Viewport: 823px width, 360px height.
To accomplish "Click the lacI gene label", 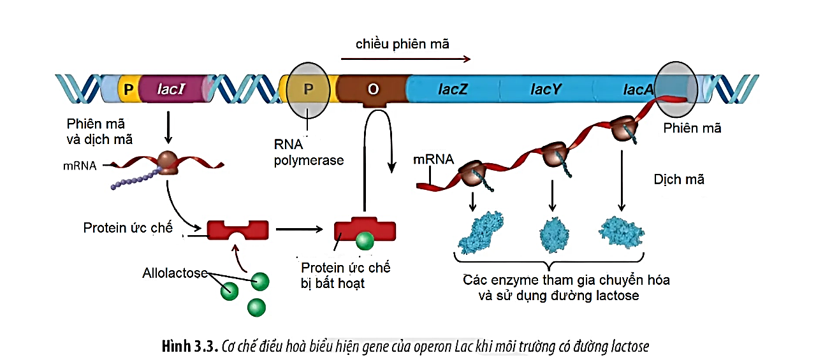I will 171,89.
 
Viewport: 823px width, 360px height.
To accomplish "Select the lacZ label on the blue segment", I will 453,89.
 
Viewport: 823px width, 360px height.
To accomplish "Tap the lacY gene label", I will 546,89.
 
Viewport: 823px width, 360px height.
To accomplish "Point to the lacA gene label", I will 638,90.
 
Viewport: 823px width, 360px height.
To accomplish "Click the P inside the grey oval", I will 309,89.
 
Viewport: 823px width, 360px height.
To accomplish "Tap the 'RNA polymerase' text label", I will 309,154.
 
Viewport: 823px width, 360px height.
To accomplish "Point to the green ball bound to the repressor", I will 364,241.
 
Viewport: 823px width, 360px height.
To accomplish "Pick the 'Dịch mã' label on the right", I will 679,180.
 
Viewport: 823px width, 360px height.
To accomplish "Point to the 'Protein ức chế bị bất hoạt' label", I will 345,275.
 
